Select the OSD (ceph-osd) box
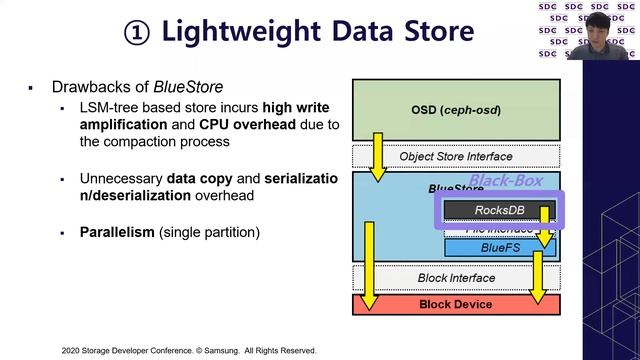[455, 109]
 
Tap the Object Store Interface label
[455, 157]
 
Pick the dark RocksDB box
[498, 211]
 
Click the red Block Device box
[455, 304]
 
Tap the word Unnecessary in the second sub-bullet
[121, 178]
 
